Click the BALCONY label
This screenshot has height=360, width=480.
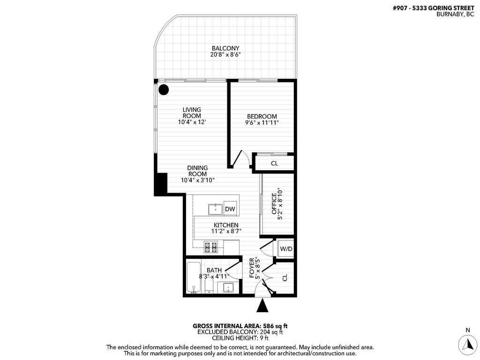225,48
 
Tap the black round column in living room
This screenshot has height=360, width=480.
164,90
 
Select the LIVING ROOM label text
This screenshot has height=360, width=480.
192,112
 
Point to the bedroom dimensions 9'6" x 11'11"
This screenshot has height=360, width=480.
262,123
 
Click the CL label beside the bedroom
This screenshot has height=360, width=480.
274,164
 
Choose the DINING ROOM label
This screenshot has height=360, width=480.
197,171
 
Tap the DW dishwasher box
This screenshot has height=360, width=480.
230,209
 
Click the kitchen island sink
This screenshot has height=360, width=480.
216,208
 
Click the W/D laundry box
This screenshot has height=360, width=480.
286,248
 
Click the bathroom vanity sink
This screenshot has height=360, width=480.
228,287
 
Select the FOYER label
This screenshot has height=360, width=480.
252,268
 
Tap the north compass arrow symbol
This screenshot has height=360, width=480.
467,345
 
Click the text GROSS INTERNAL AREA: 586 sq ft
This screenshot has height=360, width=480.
240,326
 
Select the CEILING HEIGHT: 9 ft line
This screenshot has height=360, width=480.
240,338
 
